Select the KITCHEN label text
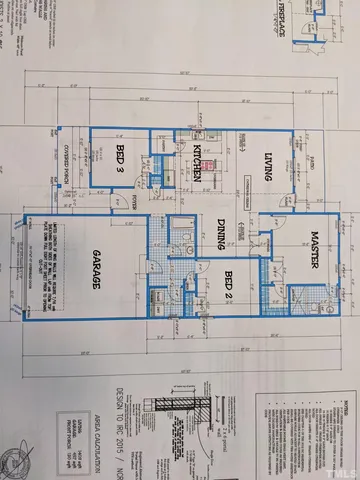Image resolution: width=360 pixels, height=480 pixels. point(199,160)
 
